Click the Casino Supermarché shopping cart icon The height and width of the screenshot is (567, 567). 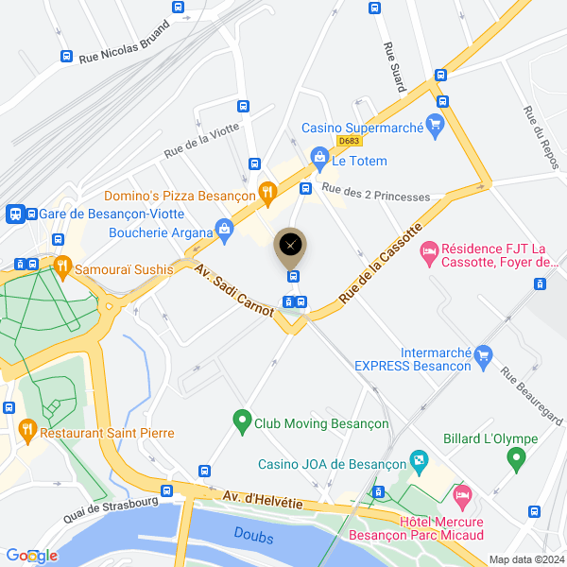[435, 127]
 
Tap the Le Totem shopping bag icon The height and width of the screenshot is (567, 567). [319, 155]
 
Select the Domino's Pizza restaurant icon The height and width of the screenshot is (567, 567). [268, 193]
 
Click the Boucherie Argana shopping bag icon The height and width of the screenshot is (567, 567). [225, 227]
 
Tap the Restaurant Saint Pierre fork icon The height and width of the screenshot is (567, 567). [26, 433]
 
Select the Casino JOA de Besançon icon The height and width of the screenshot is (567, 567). [418, 463]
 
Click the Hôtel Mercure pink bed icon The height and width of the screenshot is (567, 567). [462, 495]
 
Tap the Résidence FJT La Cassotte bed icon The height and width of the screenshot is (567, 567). [429, 251]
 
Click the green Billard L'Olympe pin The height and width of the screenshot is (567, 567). [516, 459]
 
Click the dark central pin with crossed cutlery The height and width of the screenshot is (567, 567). [290, 246]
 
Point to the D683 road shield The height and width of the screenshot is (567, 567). [350, 141]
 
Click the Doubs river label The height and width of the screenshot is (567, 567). [253, 537]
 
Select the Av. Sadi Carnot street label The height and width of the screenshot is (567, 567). [233, 288]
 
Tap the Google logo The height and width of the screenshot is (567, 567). [30, 556]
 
